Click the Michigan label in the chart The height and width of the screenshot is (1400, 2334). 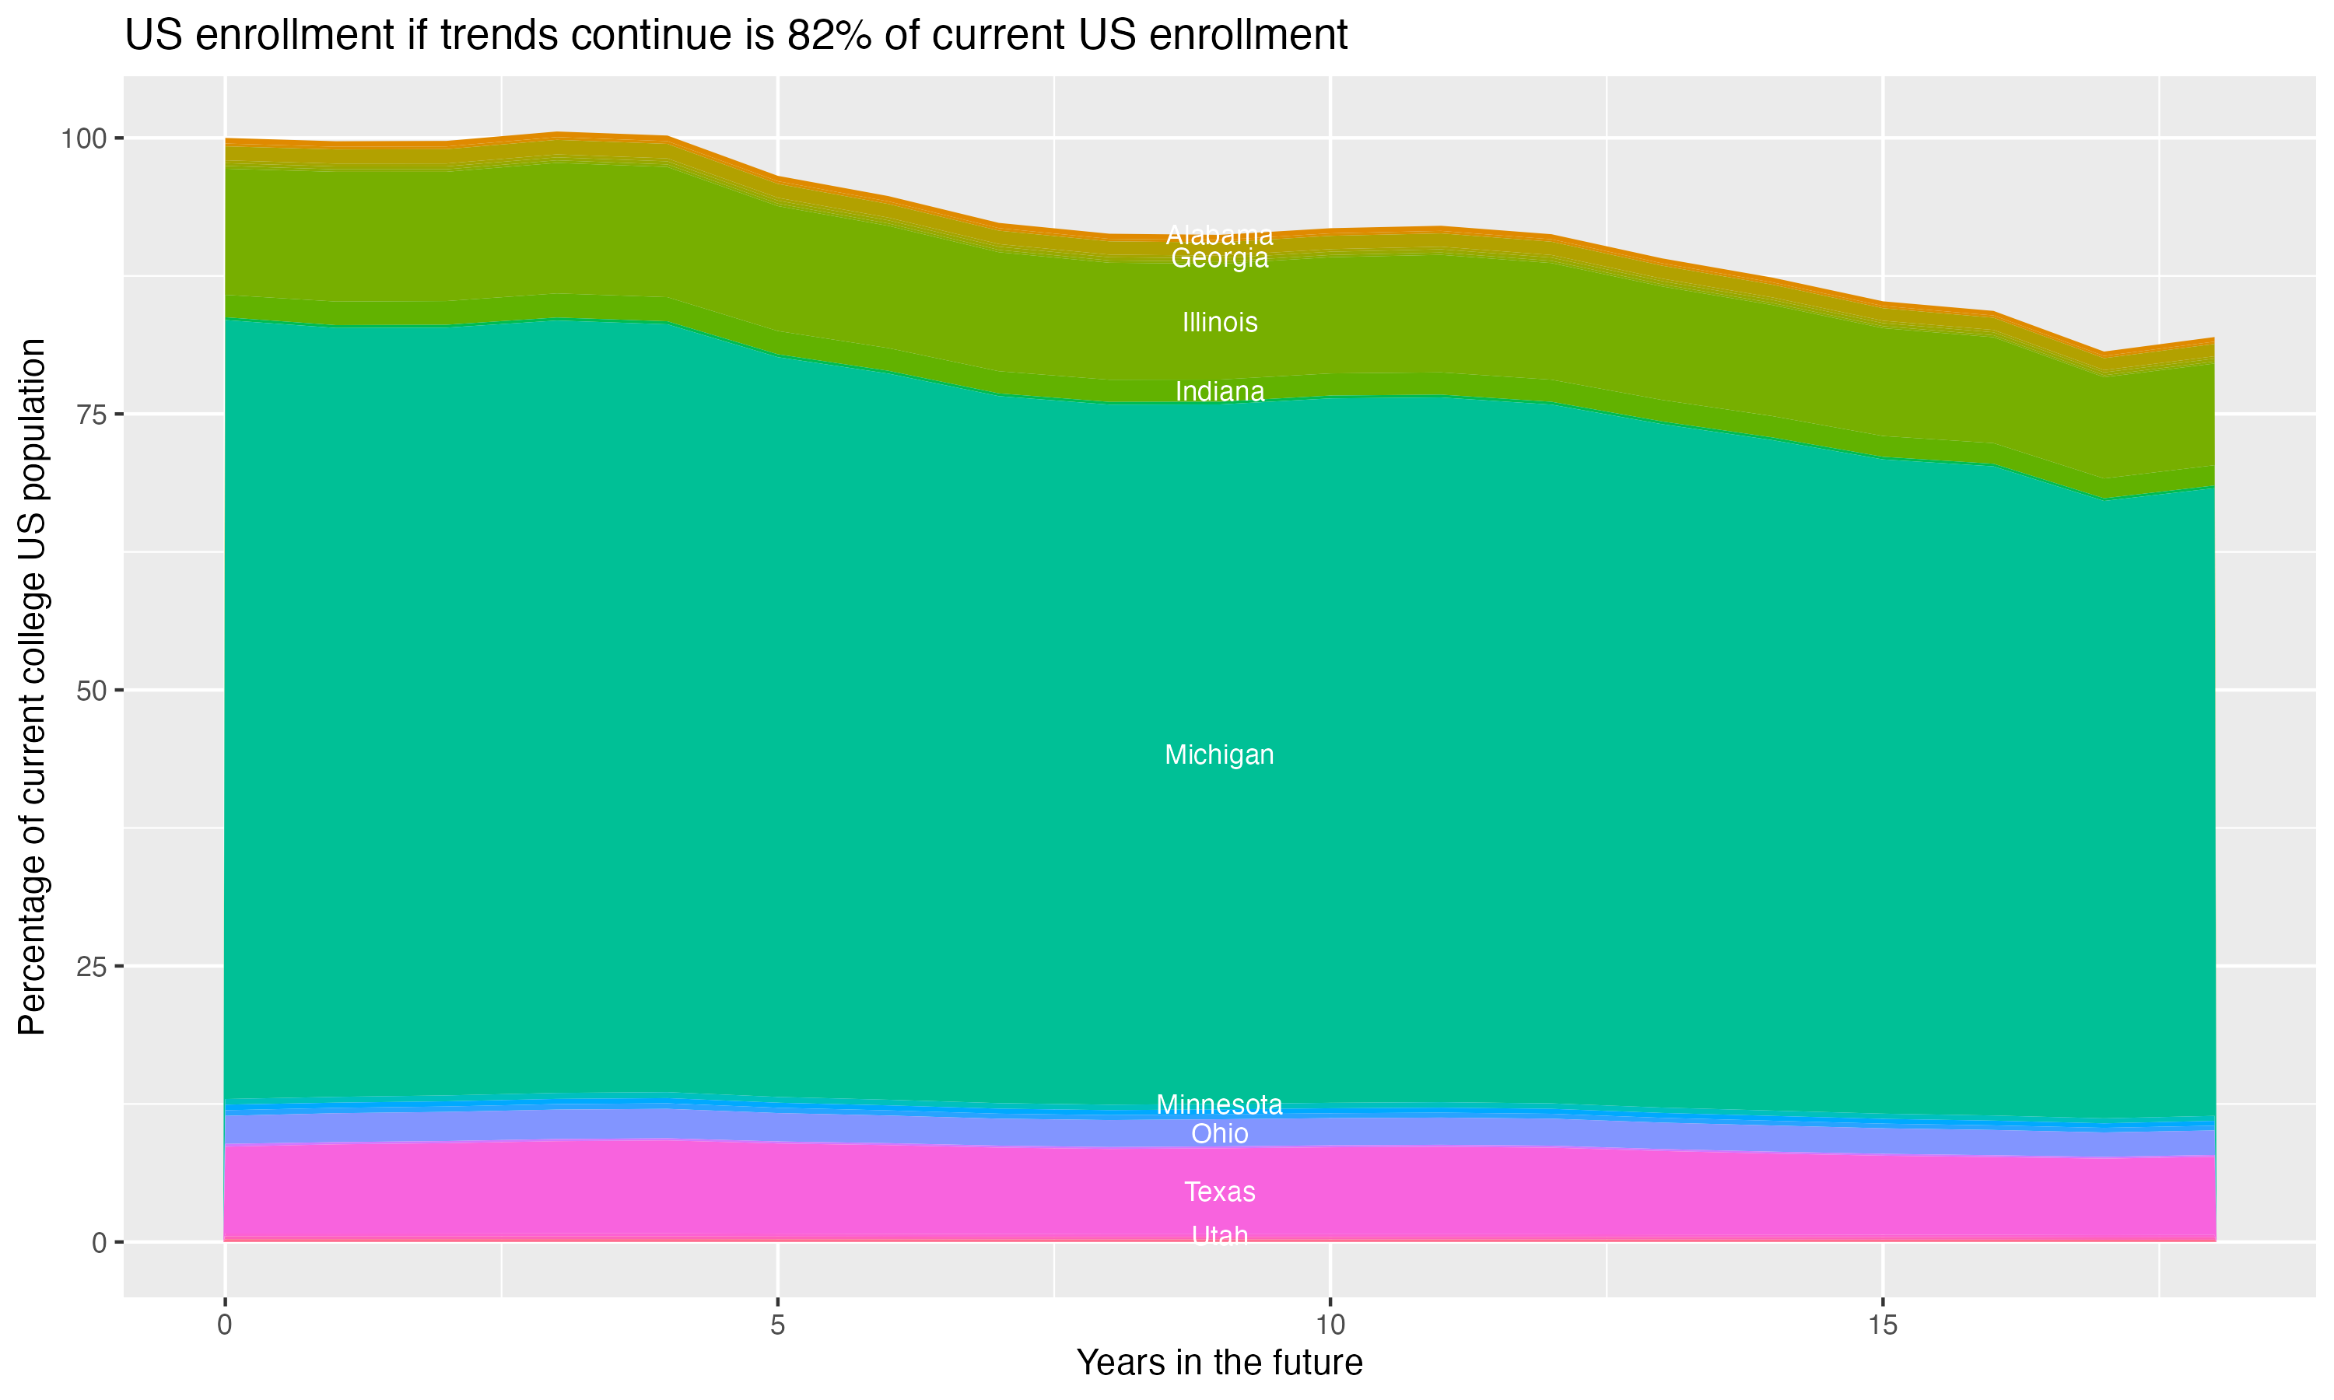[x=1219, y=754]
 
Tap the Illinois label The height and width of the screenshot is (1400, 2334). [x=1219, y=323]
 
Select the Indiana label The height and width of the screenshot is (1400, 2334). [x=1219, y=391]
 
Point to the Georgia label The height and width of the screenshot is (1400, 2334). [x=1219, y=258]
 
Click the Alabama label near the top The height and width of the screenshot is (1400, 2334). [x=1219, y=235]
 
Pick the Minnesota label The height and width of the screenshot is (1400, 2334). [x=1219, y=1104]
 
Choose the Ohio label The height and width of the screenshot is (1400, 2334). [x=1219, y=1133]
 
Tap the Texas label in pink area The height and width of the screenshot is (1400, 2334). [x=1219, y=1192]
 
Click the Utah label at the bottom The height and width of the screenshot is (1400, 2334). [x=1219, y=1235]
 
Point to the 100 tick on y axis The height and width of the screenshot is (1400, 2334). [x=83, y=138]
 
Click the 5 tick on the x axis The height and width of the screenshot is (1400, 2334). [x=777, y=1325]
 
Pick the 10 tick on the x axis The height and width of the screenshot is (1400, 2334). [x=1330, y=1325]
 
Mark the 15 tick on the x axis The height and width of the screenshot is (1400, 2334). [x=1882, y=1325]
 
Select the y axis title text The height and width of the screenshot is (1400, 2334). [x=32, y=687]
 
